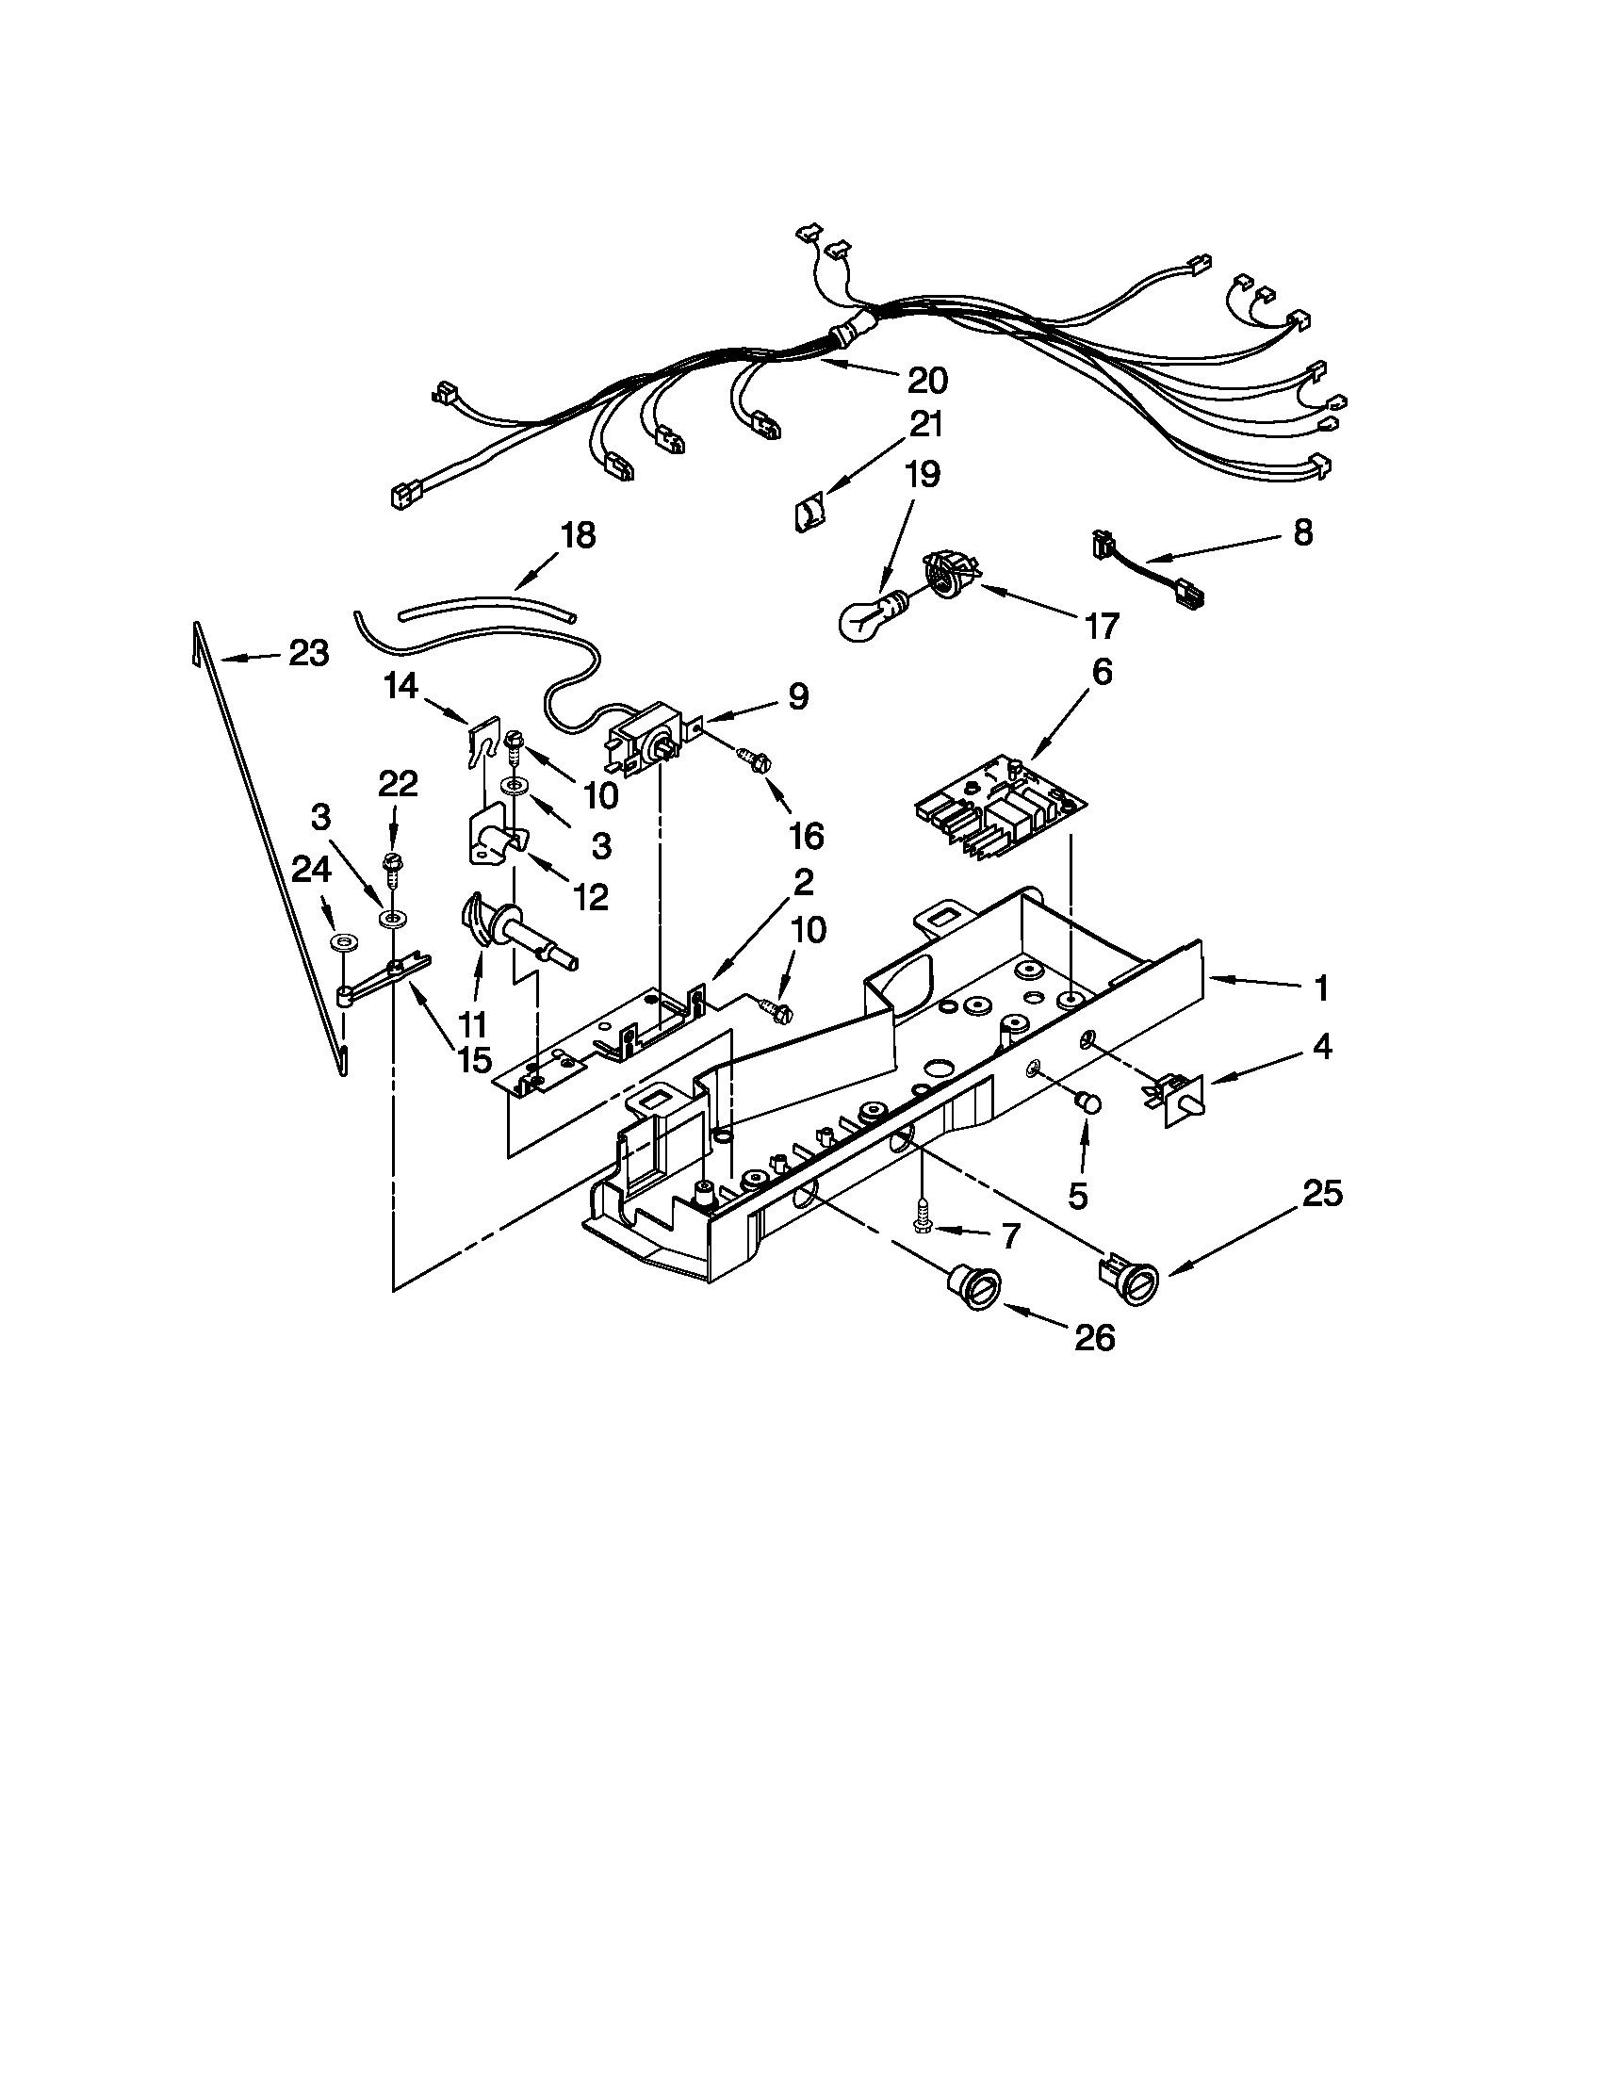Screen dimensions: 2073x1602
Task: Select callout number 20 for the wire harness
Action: tap(925, 381)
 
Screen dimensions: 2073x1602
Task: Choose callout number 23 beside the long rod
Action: tap(308, 653)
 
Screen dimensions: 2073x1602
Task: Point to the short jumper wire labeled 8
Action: tap(1144, 570)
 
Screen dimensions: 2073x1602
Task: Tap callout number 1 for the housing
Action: tap(1320, 988)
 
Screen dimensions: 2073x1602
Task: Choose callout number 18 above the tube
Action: tap(577, 535)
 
